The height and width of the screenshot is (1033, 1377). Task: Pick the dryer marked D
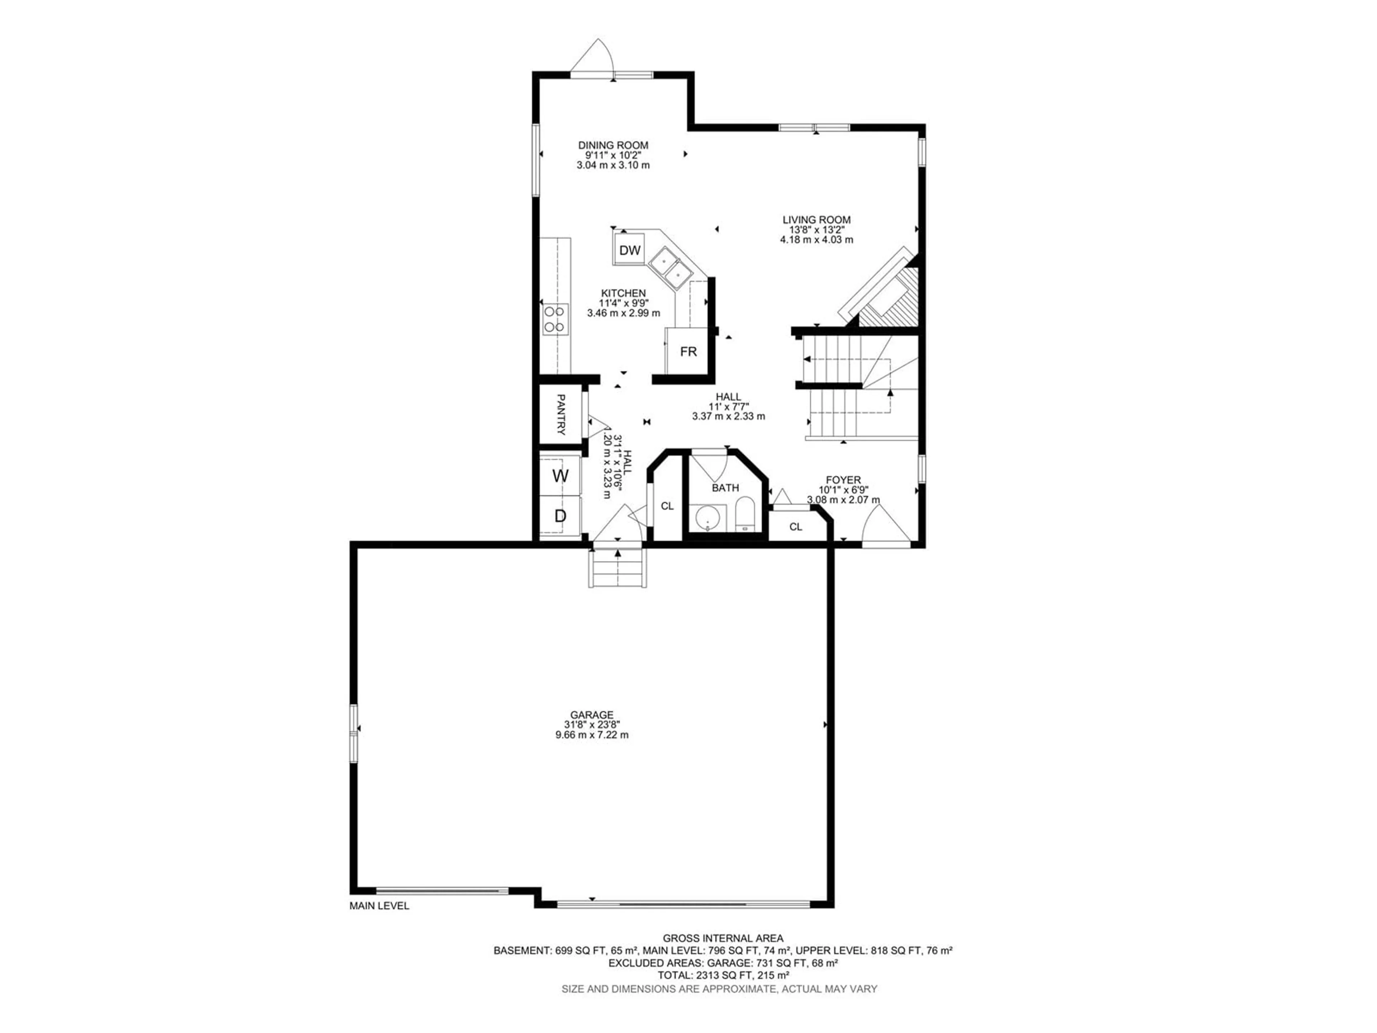560,515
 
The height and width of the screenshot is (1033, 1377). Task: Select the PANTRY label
560,414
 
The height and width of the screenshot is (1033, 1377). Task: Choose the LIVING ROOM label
816,220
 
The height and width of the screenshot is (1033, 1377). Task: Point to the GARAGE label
591,715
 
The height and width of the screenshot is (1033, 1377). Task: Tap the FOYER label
843,480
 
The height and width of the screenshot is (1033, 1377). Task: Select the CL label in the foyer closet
796,527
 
